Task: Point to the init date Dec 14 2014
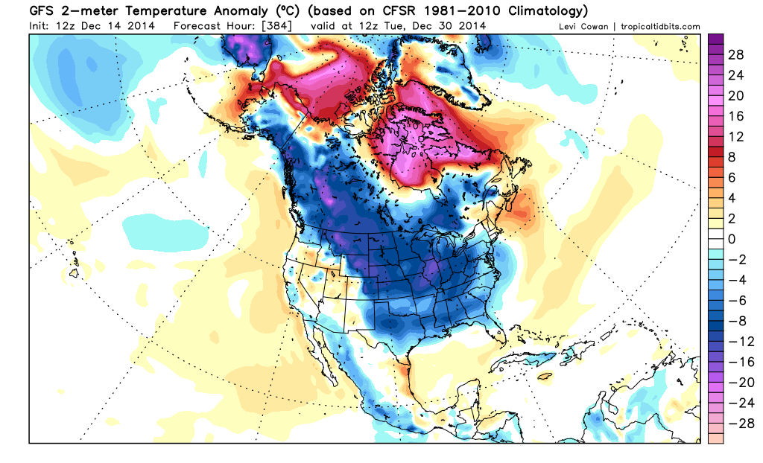point(122,25)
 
